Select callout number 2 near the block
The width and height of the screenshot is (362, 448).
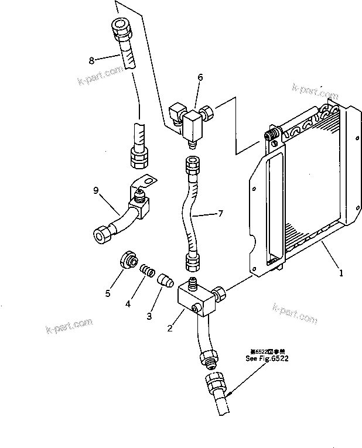(170, 328)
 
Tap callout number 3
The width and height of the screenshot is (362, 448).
(149, 316)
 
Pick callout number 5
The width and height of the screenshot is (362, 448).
(107, 293)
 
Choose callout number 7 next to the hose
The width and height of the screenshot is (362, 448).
(220, 213)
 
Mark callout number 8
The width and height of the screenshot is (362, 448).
(91, 60)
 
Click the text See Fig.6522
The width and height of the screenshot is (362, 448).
(268, 358)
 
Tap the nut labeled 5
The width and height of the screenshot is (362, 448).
(129, 260)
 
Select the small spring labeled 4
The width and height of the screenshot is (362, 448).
(149, 271)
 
